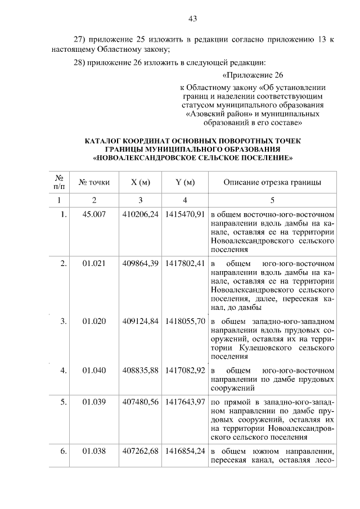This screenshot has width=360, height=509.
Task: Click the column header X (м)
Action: [140, 182]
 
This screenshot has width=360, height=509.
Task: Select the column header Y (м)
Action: [184, 182]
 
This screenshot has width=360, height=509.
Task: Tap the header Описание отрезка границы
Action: [272, 182]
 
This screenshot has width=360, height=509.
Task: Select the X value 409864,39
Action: [140, 263]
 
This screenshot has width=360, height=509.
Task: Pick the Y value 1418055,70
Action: [184, 321]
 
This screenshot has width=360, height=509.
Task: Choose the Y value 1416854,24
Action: [184, 451]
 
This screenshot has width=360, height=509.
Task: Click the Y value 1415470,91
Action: [184, 214]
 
